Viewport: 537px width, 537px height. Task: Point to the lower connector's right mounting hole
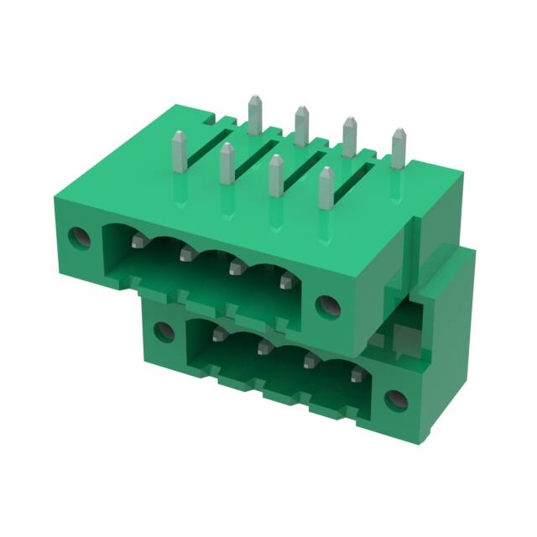point(393,398)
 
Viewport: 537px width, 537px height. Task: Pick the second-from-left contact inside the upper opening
point(185,254)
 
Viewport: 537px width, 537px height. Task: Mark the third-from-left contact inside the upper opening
point(235,268)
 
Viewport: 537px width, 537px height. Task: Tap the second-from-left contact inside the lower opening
point(263,347)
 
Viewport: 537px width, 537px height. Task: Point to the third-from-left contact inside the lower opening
point(310,360)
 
